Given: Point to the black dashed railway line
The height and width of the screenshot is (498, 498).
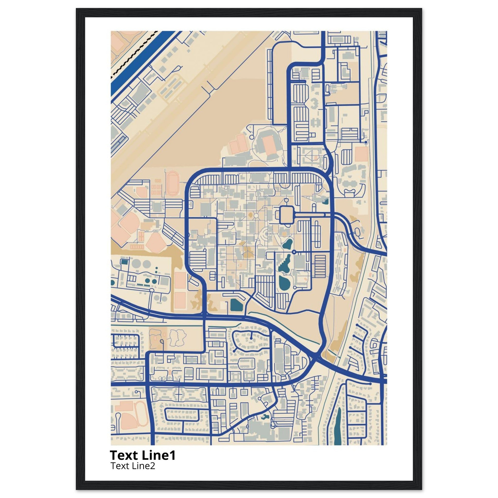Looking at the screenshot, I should (134, 54).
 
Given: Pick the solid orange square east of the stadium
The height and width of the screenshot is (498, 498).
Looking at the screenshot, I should (361, 154).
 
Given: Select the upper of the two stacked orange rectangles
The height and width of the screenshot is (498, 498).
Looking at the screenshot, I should (180, 280).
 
